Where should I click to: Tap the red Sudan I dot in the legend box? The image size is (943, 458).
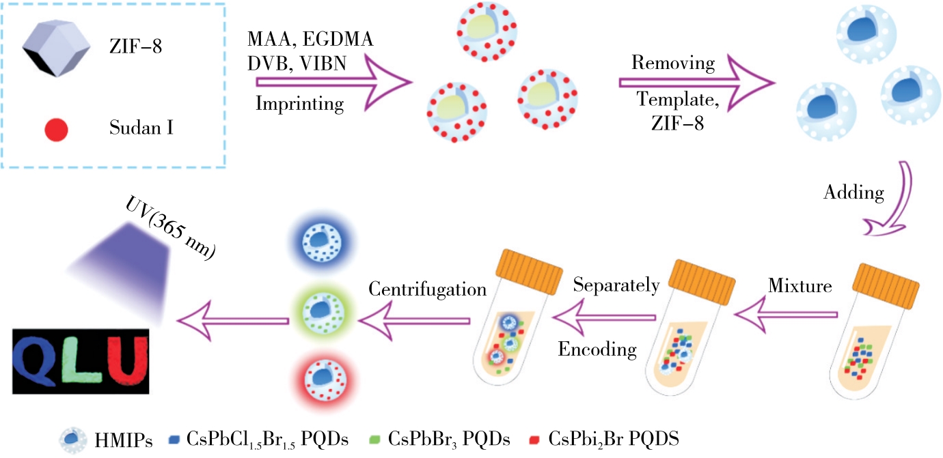click(x=56, y=128)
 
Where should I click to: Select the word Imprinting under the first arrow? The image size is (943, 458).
click(x=299, y=104)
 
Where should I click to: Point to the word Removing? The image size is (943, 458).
click(x=673, y=63)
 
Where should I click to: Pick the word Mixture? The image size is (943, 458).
click(x=800, y=286)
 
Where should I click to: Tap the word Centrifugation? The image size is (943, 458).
click(x=427, y=289)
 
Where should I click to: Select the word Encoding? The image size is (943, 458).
click(x=597, y=349)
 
